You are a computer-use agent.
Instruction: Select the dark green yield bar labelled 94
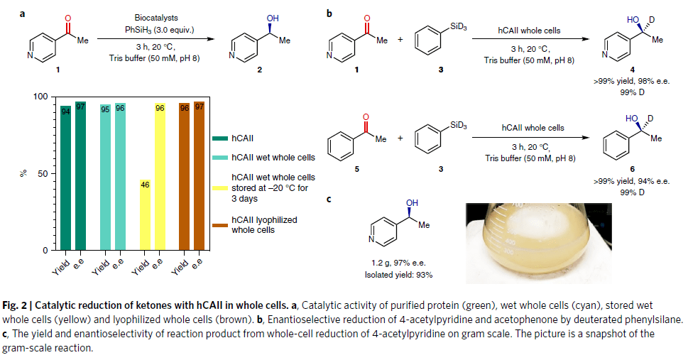[x=65, y=178]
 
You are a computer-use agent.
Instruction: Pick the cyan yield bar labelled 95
[x=106, y=177]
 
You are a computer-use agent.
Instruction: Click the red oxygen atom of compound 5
[x=365, y=116]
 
